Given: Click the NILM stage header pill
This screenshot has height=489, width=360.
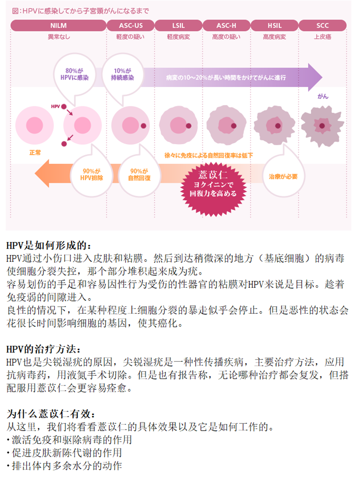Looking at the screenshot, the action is point(58,26).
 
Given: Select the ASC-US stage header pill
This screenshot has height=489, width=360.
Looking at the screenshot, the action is point(131,26).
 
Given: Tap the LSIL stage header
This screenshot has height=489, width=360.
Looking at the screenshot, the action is point(179,26).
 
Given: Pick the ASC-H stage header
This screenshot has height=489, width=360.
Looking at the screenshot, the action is point(226,26).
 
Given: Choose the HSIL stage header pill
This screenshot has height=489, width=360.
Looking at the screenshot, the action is point(274,26).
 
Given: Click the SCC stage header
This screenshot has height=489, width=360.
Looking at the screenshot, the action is point(322,26).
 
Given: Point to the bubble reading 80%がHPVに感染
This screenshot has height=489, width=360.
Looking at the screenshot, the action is point(74,74).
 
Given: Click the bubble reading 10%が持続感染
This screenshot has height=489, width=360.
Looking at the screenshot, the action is point(123,74).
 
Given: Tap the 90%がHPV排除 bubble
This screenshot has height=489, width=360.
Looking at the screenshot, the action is point(91,176).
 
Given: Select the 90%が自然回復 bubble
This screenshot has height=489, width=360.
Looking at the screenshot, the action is point(139,176).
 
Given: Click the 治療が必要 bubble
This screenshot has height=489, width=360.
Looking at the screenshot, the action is point(283,176).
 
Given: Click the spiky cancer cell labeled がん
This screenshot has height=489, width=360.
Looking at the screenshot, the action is point(322,126).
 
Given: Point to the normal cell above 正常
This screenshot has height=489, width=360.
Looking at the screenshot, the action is point(35,125).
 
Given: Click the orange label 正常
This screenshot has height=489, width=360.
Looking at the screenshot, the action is point(35,152).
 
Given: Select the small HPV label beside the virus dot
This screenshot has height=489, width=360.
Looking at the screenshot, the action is point(56,106).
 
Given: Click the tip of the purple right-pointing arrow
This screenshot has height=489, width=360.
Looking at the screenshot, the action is point(322,77).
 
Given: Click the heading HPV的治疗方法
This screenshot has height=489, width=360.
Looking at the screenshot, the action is point(43,349).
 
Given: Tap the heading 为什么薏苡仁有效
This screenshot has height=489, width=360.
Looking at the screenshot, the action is point(51,414).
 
